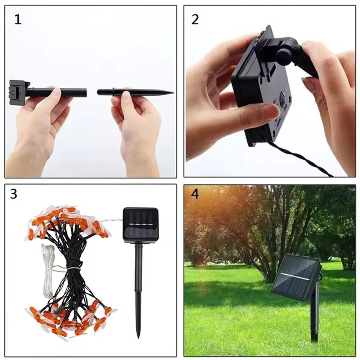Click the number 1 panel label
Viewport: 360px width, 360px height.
coord(18,19)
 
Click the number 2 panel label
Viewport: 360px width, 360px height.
coord(195,19)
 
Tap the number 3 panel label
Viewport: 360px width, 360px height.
coord(14,194)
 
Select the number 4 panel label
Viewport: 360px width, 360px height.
coord(195,194)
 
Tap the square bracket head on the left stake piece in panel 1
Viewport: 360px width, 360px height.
coord(19,92)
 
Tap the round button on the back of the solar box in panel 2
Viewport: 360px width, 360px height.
coord(284,100)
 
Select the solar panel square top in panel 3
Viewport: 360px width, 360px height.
coord(141,225)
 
